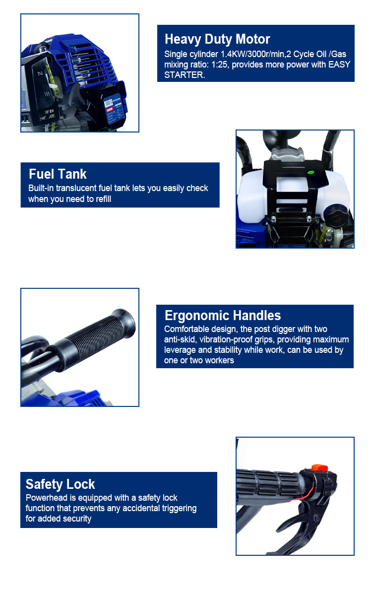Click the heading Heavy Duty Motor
click(217, 39)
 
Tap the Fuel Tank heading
click(58, 174)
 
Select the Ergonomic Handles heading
click(223, 315)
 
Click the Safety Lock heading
click(60, 484)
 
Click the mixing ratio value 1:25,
click(220, 65)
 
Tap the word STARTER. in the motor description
click(185, 75)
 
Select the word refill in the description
click(102, 199)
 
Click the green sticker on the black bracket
click(310, 173)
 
